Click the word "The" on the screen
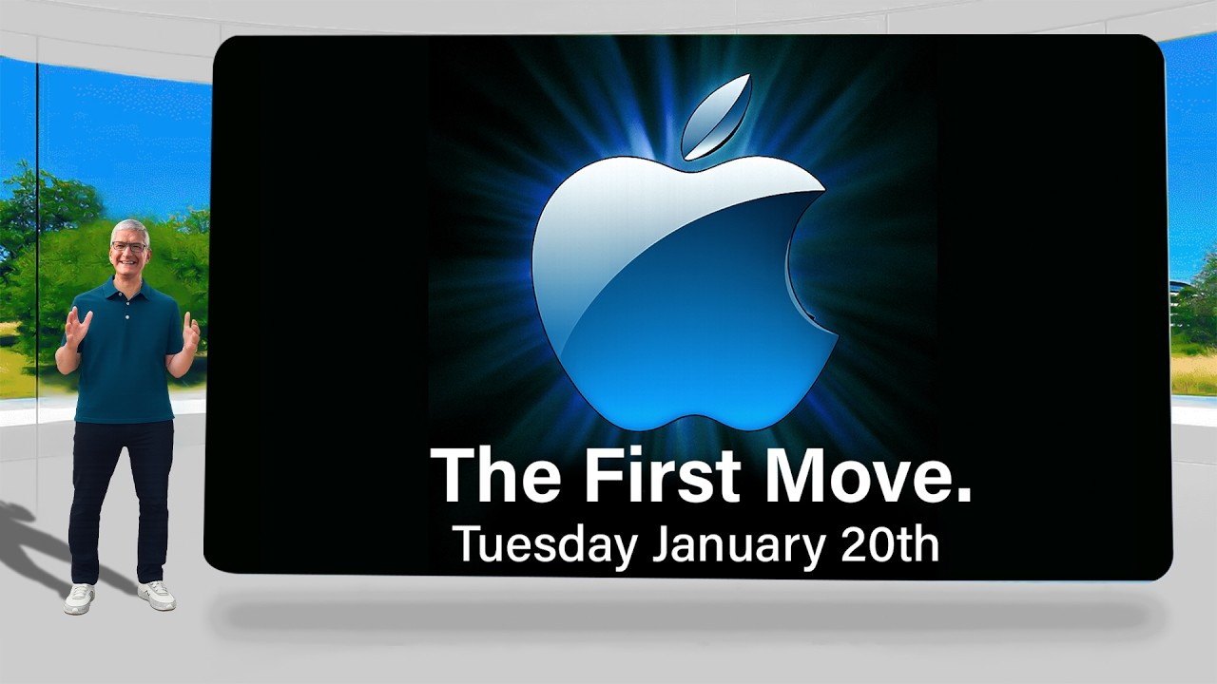pyautogui.click(x=495, y=476)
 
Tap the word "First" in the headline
pyautogui.click(x=663, y=476)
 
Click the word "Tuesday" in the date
pyautogui.click(x=547, y=546)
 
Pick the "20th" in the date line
pyautogui.click(x=890, y=544)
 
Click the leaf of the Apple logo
pyautogui.click(x=716, y=117)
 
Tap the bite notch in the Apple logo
pyautogui.click(x=804, y=260)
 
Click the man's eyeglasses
pyautogui.click(x=129, y=246)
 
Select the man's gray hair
pyautogui.click(x=129, y=229)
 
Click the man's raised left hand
pyautogui.click(x=191, y=332)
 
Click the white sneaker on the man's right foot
pyautogui.click(x=79, y=598)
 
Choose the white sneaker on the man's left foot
pyautogui.click(x=157, y=595)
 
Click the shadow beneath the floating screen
pyautogui.click(x=690, y=617)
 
